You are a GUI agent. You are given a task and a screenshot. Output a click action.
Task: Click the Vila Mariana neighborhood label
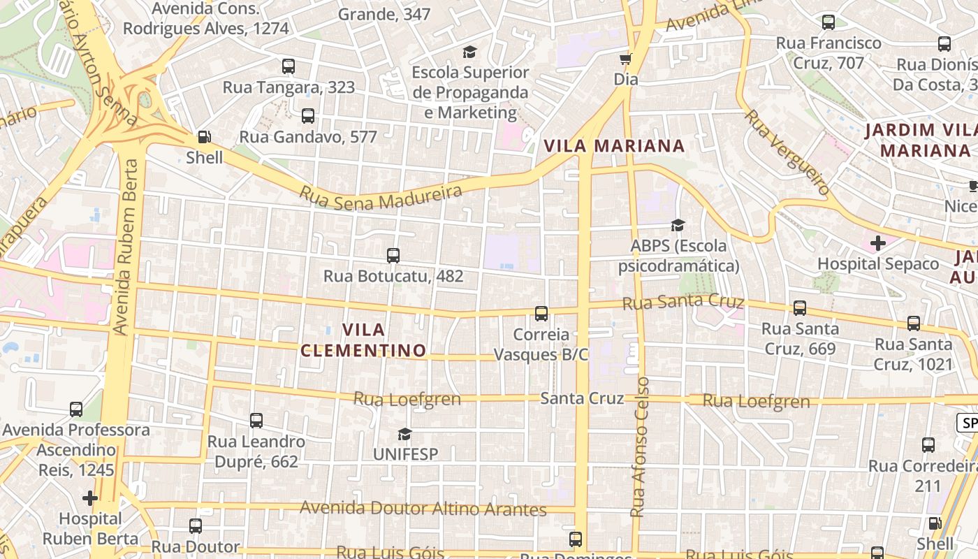(x=614, y=146)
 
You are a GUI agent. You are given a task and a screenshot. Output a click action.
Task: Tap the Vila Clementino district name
(x=363, y=340)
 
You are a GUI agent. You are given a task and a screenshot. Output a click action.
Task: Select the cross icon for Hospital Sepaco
(x=878, y=243)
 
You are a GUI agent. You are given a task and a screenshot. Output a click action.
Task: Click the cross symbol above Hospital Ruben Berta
(x=89, y=498)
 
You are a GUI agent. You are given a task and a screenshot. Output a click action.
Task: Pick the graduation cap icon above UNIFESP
(x=404, y=434)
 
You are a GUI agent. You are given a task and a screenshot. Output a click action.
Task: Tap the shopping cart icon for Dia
(x=626, y=59)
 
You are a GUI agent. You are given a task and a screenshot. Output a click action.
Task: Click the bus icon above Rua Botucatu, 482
(x=393, y=256)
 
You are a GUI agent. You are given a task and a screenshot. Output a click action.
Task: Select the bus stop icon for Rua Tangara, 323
(x=289, y=66)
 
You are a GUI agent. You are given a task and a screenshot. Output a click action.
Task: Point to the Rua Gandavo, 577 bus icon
(x=308, y=116)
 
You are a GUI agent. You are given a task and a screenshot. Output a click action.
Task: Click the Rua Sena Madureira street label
(x=381, y=198)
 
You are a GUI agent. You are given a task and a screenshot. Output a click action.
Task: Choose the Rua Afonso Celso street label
(x=639, y=447)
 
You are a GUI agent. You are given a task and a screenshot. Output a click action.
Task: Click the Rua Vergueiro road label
(x=787, y=152)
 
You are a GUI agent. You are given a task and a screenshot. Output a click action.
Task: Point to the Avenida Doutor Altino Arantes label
(x=423, y=509)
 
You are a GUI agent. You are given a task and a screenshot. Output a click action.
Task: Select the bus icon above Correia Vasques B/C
(x=541, y=314)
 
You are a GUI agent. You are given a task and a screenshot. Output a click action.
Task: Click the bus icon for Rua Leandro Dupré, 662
(x=256, y=421)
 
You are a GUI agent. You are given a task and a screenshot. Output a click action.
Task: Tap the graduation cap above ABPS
(x=678, y=225)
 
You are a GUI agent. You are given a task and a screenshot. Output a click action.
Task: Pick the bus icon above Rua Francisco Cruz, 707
(x=829, y=22)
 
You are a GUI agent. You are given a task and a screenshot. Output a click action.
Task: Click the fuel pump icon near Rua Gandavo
(x=204, y=137)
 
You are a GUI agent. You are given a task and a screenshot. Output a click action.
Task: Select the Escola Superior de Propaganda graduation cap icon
(x=469, y=52)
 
